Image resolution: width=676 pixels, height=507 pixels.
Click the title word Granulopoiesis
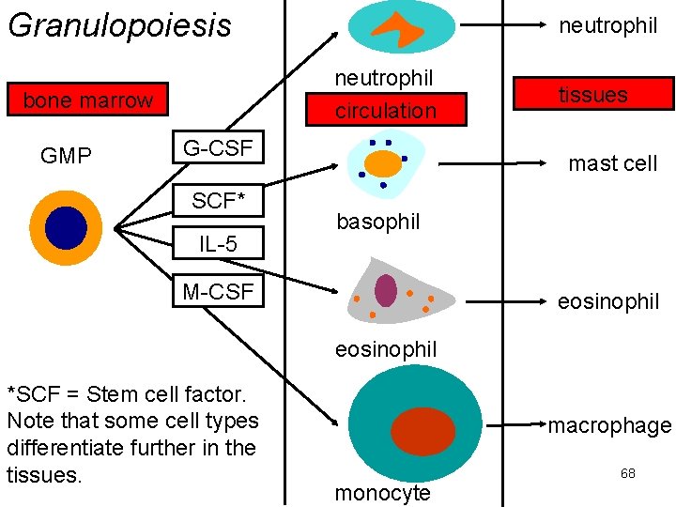point(119,25)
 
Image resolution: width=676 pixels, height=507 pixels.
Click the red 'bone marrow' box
point(87,100)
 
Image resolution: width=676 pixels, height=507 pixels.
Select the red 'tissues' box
point(592,94)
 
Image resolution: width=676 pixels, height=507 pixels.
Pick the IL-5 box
point(217,245)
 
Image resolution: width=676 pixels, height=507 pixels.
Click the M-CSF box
point(218,292)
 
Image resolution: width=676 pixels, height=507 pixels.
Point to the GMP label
point(66,156)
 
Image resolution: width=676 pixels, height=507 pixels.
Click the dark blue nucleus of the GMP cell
point(65,227)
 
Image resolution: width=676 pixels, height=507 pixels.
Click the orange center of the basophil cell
point(382,164)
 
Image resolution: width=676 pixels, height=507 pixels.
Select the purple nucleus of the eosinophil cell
point(386,289)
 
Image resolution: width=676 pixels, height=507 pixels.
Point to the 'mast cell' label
point(612,163)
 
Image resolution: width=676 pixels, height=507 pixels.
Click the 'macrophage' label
point(609,425)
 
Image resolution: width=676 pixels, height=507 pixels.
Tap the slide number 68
point(627,473)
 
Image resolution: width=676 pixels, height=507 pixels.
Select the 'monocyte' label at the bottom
point(382,493)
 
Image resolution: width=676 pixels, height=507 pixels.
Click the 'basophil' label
point(377,223)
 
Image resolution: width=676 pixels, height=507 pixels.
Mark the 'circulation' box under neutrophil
point(386,110)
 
